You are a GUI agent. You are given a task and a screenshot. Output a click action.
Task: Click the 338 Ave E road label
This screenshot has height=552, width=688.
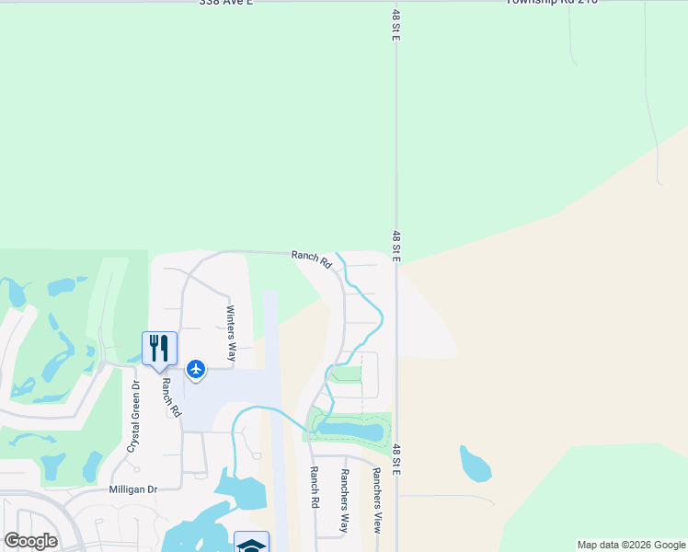pos(225,3)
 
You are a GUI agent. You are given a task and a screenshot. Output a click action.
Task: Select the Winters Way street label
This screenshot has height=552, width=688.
pos(231,322)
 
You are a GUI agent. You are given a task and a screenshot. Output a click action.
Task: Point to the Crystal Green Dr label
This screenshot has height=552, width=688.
pos(132,416)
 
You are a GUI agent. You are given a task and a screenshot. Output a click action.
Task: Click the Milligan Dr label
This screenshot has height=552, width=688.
pos(134,490)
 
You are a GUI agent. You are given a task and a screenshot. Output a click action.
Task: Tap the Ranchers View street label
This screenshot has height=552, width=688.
pos(376,500)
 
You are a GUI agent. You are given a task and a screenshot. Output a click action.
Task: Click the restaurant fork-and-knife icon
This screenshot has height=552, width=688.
pos(159,348)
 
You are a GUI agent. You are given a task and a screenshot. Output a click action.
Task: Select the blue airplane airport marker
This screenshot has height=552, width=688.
pos(196,369)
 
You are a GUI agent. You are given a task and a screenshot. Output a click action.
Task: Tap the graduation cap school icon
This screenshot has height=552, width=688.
pos(251,544)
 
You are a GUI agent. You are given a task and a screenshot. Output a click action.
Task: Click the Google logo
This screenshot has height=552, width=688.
pos(30,541)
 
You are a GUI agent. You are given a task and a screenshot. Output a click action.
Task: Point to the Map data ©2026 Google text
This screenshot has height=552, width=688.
pos(630,545)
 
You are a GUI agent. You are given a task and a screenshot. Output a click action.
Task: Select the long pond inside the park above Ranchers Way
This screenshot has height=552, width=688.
pos(350,430)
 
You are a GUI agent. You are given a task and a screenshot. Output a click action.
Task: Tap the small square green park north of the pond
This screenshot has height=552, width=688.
pos(346,374)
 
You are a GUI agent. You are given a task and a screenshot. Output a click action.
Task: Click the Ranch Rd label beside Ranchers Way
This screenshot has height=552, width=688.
pos(314,489)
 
